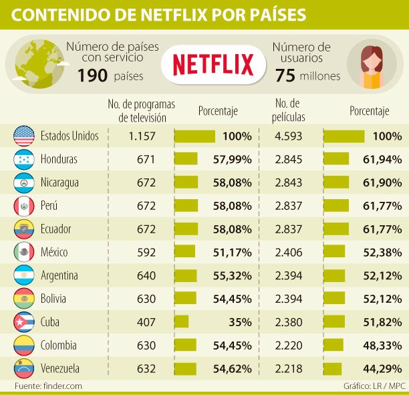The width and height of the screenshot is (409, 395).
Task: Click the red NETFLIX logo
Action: [213, 64]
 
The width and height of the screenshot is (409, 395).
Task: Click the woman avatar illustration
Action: [372, 65]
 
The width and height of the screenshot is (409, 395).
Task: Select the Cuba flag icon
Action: [23, 322]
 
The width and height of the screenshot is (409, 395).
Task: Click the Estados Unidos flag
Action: [23, 136]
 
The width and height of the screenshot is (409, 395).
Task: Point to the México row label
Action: [59, 253]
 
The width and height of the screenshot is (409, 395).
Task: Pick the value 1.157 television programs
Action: [142, 136]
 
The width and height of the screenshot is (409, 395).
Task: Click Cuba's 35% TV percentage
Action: [238, 322]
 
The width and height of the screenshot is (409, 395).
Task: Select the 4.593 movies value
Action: [289, 136]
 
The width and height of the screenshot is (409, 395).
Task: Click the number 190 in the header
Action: [92, 76]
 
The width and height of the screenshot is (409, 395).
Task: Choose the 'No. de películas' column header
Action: [289, 110]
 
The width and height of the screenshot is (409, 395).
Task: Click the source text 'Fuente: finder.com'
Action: [49, 386]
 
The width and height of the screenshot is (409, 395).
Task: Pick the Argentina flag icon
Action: [23, 275]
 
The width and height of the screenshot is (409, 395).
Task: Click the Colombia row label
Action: [59, 346]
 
